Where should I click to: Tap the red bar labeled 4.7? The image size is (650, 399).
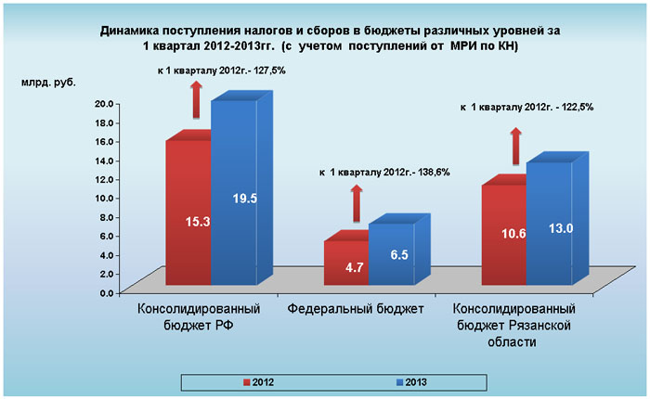(x=345, y=264)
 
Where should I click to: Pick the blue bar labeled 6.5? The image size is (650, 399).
(x=391, y=253)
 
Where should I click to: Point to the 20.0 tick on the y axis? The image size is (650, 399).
(x=104, y=103)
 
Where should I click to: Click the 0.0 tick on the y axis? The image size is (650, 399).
(x=107, y=292)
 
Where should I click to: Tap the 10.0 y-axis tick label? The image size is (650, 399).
(x=104, y=198)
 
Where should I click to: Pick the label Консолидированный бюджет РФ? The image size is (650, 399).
(x=198, y=316)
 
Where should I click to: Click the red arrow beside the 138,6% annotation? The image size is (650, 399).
(x=355, y=202)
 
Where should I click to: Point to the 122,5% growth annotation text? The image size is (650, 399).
(x=526, y=107)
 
